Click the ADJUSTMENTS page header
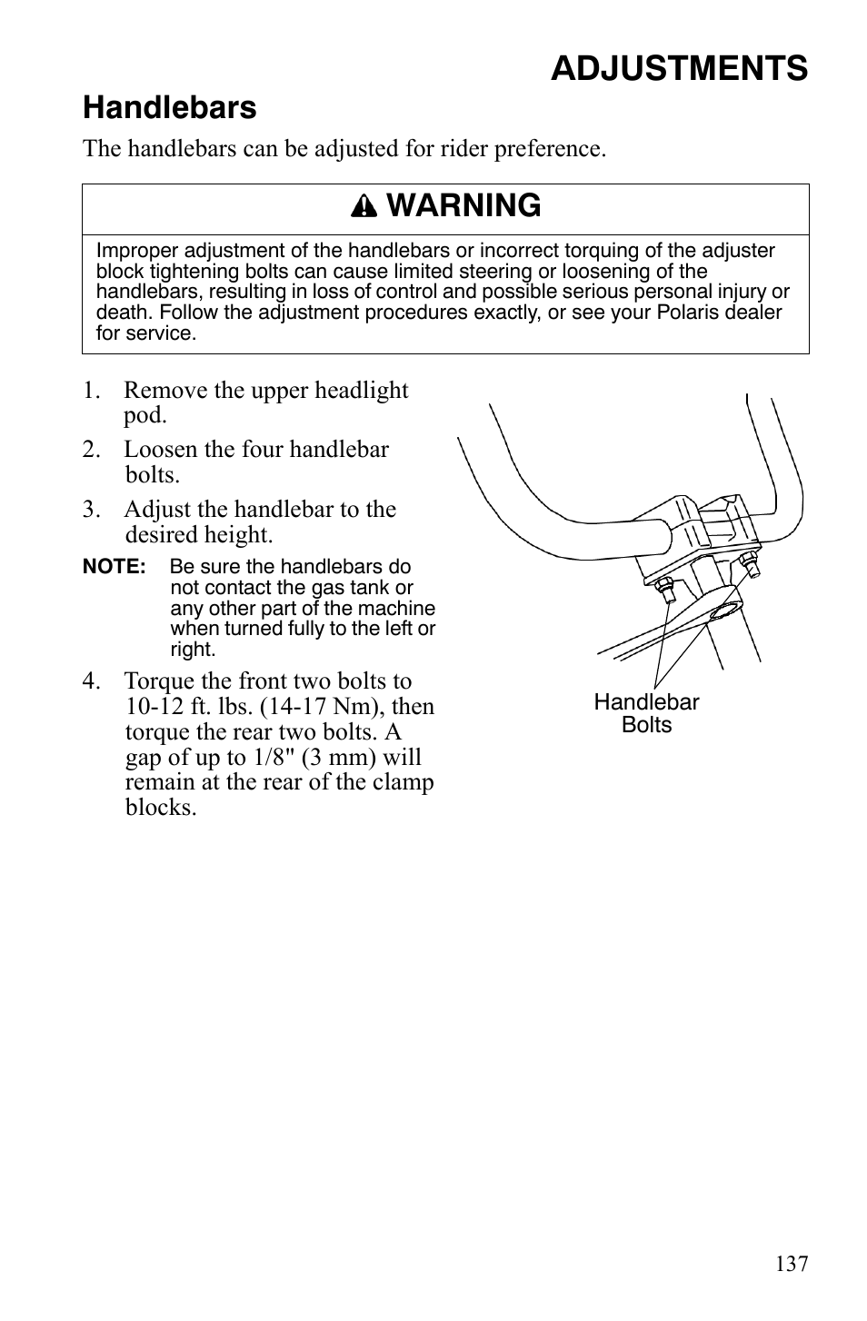[x=678, y=68]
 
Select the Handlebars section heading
[x=169, y=108]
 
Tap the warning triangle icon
[x=369, y=207]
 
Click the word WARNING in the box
[x=463, y=206]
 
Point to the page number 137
[x=792, y=1264]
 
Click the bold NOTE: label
[x=114, y=567]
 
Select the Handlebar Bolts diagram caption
[x=646, y=713]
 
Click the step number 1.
[x=90, y=391]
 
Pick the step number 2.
[x=90, y=450]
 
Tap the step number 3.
[x=90, y=510]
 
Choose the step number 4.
[x=90, y=681]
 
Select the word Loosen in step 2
[x=155, y=450]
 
